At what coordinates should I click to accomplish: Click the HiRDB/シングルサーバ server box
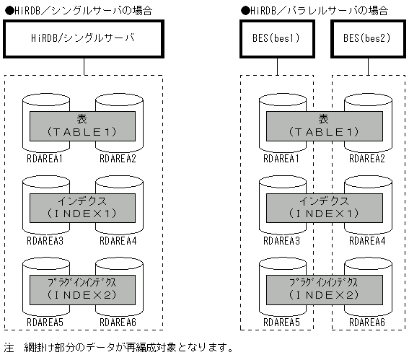tap(84, 38)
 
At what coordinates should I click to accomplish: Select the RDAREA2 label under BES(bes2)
tap(364, 158)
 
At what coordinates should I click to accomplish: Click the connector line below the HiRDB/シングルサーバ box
tap(84, 66)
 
